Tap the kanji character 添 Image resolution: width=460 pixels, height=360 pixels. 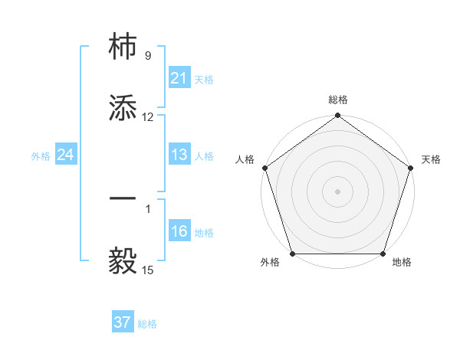point(123,109)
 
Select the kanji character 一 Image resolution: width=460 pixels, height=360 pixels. point(123,198)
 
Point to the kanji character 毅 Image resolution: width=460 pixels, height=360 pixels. point(123,261)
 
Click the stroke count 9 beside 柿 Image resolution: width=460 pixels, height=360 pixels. point(148,56)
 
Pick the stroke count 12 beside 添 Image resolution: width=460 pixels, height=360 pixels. point(148,117)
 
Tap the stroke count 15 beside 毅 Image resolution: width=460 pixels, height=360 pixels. point(148,270)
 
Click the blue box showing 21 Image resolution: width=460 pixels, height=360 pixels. point(179,78)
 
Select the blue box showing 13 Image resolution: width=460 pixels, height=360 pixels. point(179,155)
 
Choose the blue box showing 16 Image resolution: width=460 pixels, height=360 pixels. point(179,231)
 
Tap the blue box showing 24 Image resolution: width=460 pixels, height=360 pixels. point(65,155)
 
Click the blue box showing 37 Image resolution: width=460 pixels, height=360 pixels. point(122,322)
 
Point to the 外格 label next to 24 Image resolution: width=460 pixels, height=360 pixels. point(41,155)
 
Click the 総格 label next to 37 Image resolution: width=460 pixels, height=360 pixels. point(147,324)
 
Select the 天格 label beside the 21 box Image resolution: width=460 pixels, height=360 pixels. point(204,79)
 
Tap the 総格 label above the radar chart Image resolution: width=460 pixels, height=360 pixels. point(338,100)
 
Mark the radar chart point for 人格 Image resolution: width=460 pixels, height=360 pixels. point(264,168)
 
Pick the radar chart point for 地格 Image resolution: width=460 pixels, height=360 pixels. point(383,254)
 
